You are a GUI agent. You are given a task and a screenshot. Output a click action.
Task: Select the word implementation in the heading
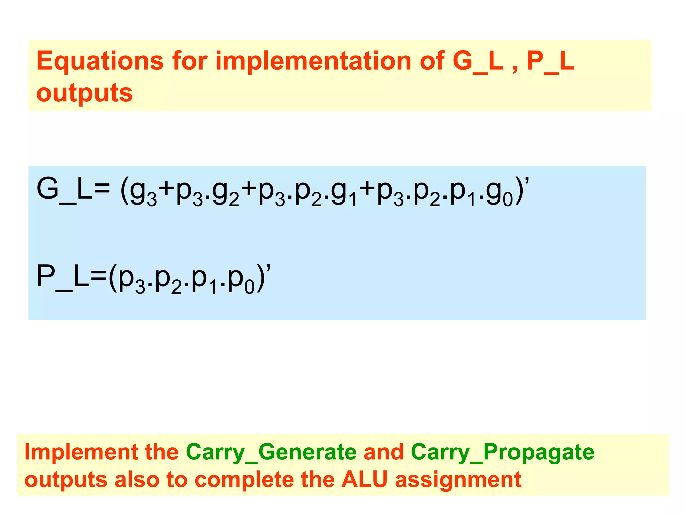(313, 61)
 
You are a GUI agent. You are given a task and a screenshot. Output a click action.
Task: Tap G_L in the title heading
(478, 61)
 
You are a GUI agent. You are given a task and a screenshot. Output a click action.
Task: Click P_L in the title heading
(551, 61)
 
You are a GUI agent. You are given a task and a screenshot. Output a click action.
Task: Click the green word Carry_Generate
(271, 452)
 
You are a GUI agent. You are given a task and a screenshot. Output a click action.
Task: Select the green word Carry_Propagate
(502, 452)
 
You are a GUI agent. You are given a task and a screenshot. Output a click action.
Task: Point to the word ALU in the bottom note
(364, 479)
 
